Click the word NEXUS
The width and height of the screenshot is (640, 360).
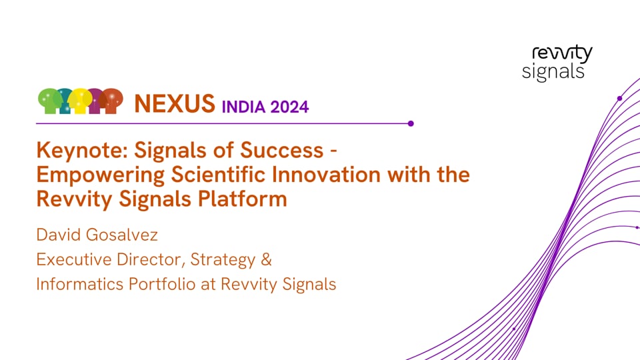pos(174,103)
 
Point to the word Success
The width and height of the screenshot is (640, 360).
pos(286,151)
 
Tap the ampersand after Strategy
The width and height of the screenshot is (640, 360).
pos(266,259)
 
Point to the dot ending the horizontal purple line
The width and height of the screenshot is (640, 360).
pos(411,123)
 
